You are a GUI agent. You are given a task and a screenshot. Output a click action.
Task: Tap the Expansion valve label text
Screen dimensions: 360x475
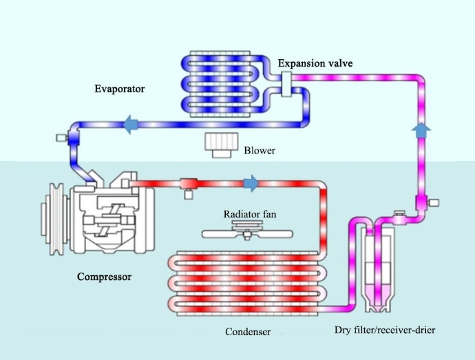(315, 63)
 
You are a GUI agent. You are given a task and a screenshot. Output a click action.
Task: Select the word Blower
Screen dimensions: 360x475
(260, 150)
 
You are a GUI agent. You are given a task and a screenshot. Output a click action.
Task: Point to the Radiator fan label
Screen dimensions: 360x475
(250, 214)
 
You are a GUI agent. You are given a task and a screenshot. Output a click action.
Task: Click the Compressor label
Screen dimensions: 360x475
(104, 277)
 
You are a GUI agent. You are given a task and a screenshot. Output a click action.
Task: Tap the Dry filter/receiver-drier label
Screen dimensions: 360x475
(385, 330)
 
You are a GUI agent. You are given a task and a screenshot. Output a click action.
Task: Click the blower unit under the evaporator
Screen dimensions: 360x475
(221, 145)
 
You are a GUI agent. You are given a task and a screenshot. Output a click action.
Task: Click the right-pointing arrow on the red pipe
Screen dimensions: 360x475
(251, 184)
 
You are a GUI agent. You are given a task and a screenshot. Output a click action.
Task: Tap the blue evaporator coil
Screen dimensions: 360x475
(220, 83)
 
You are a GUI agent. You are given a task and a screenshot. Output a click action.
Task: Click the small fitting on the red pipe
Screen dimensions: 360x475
(187, 186)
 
